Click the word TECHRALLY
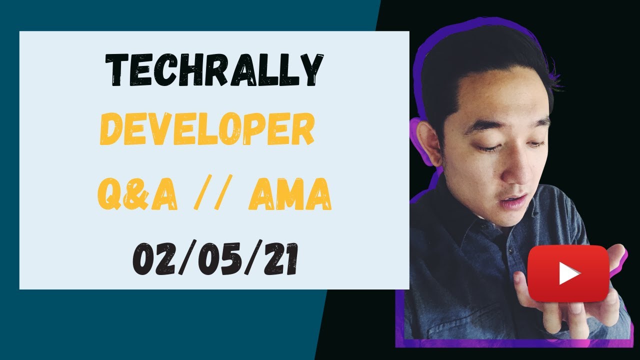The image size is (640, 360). coord(214,70)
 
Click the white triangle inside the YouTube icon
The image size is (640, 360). coord(568,273)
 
